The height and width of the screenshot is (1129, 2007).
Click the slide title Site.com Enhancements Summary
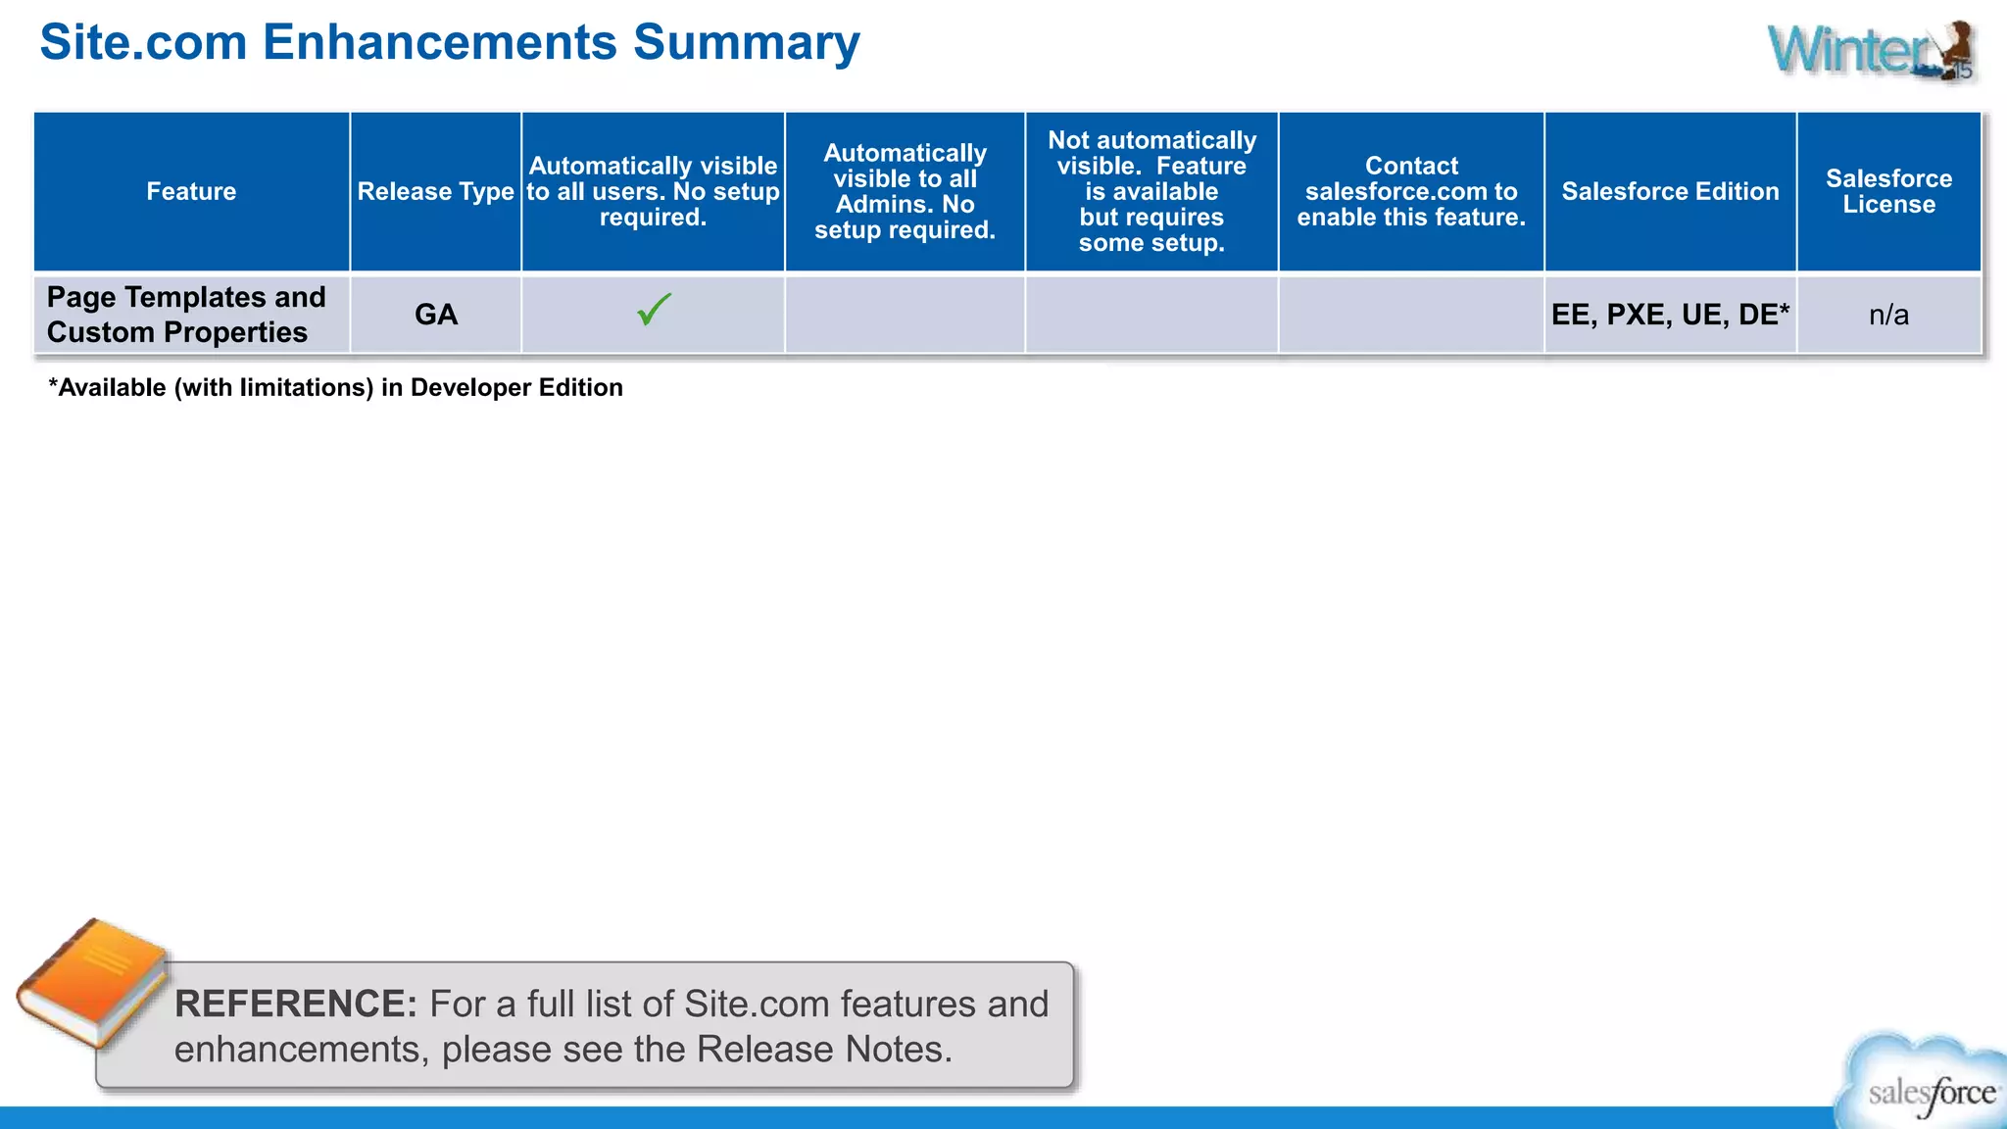coord(450,43)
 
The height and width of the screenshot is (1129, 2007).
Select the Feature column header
coord(191,191)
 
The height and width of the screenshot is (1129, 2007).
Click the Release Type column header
coord(435,191)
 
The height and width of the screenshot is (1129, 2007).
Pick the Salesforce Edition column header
coord(1670,191)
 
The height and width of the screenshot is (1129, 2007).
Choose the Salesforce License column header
coord(1888,191)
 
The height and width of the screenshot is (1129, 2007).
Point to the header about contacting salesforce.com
coord(1411,191)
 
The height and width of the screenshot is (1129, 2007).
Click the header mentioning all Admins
coord(905,191)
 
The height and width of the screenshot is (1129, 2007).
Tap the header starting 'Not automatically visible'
coord(1151,191)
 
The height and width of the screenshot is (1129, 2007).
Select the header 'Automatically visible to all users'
coord(653,191)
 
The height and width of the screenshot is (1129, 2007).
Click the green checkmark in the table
coord(654,310)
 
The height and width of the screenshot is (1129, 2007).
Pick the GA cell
coord(436,315)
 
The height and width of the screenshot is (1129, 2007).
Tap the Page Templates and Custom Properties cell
coord(186,315)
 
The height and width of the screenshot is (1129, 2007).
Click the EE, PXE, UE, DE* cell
coord(1670,315)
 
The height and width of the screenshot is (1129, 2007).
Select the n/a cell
coord(1888,315)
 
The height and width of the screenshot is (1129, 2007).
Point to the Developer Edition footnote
coord(335,388)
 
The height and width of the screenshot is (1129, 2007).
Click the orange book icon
coord(93,983)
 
